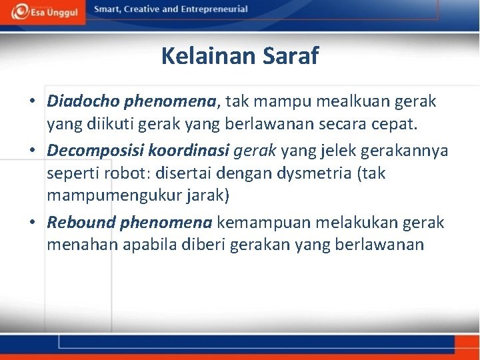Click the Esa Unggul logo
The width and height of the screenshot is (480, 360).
pyautogui.click(x=43, y=11)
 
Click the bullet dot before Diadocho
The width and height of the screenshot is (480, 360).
pyautogui.click(x=33, y=102)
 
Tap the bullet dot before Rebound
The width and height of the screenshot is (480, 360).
pyautogui.click(x=33, y=222)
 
